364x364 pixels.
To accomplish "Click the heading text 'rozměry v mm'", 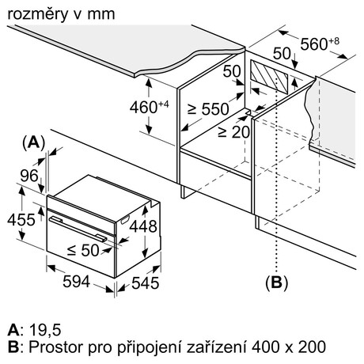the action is [x=61, y=14].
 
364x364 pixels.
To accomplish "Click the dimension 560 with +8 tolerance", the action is [x=320, y=44].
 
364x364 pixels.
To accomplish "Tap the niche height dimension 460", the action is [x=149, y=107].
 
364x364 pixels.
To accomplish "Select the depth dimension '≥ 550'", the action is [x=208, y=109].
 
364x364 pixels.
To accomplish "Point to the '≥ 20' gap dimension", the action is [x=233, y=132].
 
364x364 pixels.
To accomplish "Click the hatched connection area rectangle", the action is [x=269, y=78].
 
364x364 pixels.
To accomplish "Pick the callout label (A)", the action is [x=34, y=142].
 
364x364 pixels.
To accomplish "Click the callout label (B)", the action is [x=277, y=282].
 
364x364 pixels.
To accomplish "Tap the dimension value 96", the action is [x=29, y=176].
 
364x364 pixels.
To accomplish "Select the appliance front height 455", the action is [x=21, y=219].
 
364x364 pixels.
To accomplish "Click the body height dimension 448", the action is [x=143, y=226].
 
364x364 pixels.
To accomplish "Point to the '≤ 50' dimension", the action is [x=83, y=250].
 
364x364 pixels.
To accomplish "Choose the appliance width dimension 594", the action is [x=77, y=282].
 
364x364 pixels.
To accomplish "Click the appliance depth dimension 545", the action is [x=146, y=283].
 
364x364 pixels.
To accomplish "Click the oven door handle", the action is [x=78, y=229].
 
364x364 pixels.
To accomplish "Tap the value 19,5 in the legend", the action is [x=45, y=330].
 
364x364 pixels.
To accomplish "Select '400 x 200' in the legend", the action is [x=289, y=347].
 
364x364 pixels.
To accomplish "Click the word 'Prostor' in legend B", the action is [x=56, y=347].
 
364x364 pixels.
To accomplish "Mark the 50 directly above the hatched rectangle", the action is [x=282, y=53].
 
